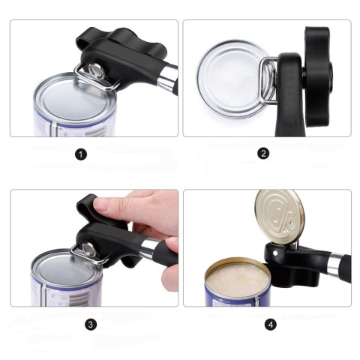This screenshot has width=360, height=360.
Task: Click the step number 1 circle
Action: (81, 154)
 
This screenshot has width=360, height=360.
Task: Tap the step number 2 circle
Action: (263, 154)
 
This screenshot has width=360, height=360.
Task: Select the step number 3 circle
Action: (91, 325)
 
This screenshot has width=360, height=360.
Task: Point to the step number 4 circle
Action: (270, 325)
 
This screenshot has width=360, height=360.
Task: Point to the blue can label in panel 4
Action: (217, 298)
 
